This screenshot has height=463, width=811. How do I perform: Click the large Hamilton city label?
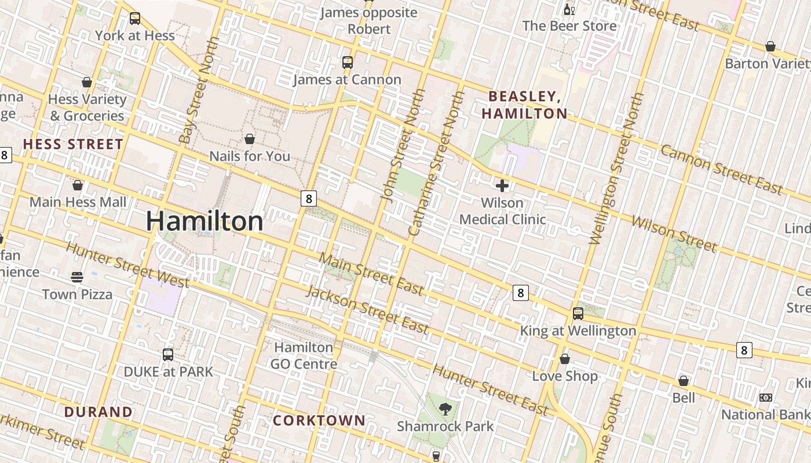(x=204, y=222)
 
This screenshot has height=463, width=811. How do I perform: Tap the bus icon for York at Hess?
(x=135, y=19)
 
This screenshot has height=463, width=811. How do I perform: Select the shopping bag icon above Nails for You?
(x=250, y=139)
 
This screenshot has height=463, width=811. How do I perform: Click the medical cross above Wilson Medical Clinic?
(x=502, y=185)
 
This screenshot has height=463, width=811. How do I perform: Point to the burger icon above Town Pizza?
(x=77, y=277)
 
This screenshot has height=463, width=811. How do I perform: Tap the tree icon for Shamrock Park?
(x=445, y=409)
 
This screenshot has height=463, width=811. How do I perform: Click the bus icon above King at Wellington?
(x=578, y=314)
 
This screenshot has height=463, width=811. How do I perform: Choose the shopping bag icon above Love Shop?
(x=565, y=359)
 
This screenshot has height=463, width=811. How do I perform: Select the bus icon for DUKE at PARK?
(x=168, y=354)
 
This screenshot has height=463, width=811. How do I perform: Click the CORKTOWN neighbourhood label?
(x=319, y=421)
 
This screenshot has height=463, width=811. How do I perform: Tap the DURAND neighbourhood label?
(x=98, y=412)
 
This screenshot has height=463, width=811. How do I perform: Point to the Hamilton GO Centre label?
(x=304, y=355)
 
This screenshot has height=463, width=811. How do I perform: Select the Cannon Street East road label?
(x=722, y=170)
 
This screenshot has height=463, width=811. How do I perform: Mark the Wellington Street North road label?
(x=617, y=168)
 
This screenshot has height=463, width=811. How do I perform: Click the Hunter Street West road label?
(x=127, y=264)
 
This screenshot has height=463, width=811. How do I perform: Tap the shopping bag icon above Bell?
(x=684, y=381)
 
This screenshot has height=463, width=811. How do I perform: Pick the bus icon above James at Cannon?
(x=348, y=63)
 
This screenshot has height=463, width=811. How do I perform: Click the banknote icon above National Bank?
(x=766, y=398)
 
